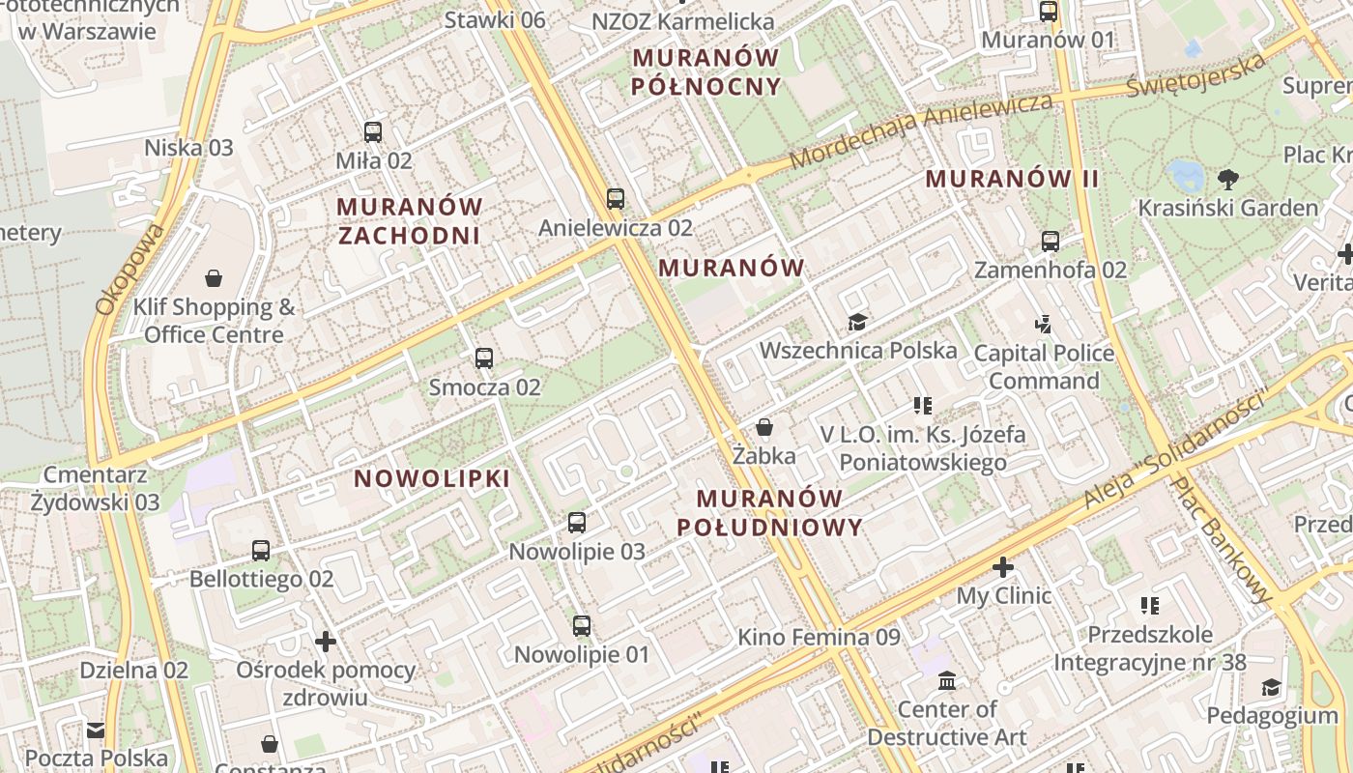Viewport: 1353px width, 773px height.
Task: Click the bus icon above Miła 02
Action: [373, 132]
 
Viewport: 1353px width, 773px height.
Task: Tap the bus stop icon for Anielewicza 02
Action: [616, 199]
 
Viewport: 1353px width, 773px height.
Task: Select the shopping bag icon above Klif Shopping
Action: [214, 279]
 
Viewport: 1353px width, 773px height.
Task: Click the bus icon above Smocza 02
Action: [484, 358]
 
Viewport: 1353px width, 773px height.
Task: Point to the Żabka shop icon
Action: [764, 427]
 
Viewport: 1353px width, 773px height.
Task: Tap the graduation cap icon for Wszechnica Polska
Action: [857, 322]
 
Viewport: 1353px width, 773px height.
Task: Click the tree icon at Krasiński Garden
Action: [1228, 179]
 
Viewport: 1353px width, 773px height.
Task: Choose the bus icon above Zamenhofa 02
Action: [1051, 242]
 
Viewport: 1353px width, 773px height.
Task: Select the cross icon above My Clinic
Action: [1003, 567]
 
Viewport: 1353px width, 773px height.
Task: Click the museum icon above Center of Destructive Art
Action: [947, 681]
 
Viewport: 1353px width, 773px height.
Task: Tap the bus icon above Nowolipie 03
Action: [577, 523]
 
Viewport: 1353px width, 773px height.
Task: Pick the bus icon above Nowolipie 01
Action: [581, 625]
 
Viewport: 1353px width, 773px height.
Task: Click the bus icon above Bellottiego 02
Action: [261, 551]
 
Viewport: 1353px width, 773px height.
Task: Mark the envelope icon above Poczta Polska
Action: [96, 730]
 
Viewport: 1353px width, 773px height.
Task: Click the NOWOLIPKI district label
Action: [432, 479]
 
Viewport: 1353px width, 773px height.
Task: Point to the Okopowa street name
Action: [130, 271]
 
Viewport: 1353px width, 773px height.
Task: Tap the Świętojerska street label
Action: [1196, 75]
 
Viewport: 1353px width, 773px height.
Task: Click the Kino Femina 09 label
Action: [819, 638]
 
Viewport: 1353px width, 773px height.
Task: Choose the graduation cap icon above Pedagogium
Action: [1272, 687]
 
